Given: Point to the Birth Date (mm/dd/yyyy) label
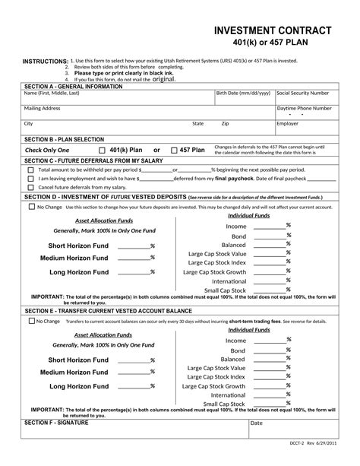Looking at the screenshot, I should tap(243, 93).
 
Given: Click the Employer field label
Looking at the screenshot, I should tap(287, 122).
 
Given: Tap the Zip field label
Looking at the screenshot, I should tap(225, 122).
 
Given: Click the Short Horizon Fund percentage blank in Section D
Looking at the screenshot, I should tap(133, 246).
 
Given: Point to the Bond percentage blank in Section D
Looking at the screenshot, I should tap(269, 236).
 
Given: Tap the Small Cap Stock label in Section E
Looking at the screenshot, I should tap(225, 404).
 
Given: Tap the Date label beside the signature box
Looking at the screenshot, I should tap(256, 423).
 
